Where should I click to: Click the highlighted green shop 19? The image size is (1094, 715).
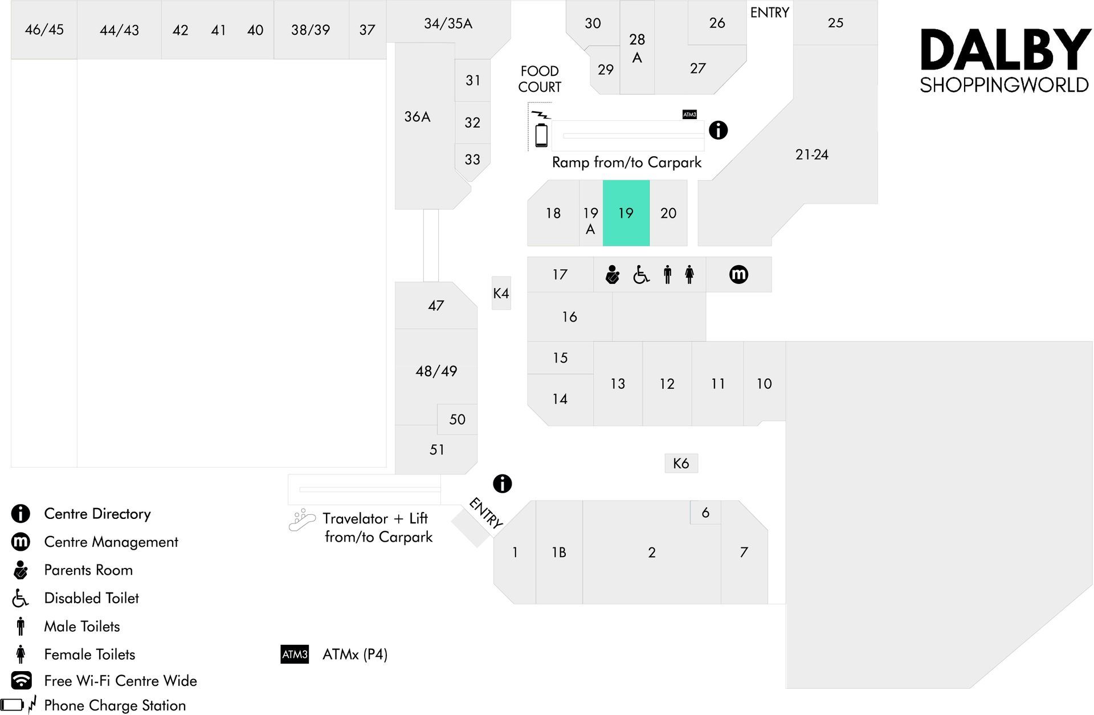(x=626, y=213)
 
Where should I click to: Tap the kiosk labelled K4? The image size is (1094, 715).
(x=501, y=293)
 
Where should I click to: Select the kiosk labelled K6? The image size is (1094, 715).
(x=681, y=463)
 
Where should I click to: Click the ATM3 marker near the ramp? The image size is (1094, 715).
(x=689, y=115)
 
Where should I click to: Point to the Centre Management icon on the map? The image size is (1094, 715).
(x=738, y=275)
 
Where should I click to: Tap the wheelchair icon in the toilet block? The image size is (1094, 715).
(x=641, y=275)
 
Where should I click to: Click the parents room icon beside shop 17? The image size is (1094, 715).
(x=612, y=275)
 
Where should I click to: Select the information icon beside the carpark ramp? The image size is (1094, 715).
(x=718, y=130)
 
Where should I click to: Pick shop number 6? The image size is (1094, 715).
(x=705, y=513)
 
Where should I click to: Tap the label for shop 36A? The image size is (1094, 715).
(x=417, y=117)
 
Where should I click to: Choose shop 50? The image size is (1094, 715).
(x=457, y=419)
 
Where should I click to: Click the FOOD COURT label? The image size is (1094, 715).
(x=540, y=79)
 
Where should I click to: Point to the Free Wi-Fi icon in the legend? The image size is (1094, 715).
(x=22, y=680)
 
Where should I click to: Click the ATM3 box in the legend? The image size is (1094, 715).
(x=295, y=654)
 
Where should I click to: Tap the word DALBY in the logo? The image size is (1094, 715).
(x=1005, y=51)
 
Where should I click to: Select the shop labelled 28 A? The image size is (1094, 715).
(x=637, y=47)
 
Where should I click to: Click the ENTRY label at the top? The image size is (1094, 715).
(x=769, y=13)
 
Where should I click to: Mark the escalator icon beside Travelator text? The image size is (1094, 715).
(x=302, y=520)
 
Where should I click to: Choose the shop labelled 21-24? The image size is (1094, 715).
(x=811, y=155)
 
